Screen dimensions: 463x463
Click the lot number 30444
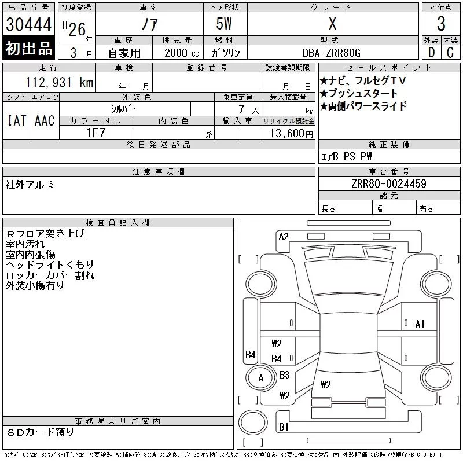28,24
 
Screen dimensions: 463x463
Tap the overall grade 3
441,24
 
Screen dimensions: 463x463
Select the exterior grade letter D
431,53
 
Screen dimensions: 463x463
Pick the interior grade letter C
450,53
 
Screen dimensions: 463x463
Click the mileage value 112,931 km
60,82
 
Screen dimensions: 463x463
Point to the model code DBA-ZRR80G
332,53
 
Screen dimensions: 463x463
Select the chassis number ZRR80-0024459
389,183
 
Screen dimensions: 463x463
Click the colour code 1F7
96,133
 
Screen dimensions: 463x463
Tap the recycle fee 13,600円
292,134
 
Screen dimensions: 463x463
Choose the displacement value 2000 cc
182,53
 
